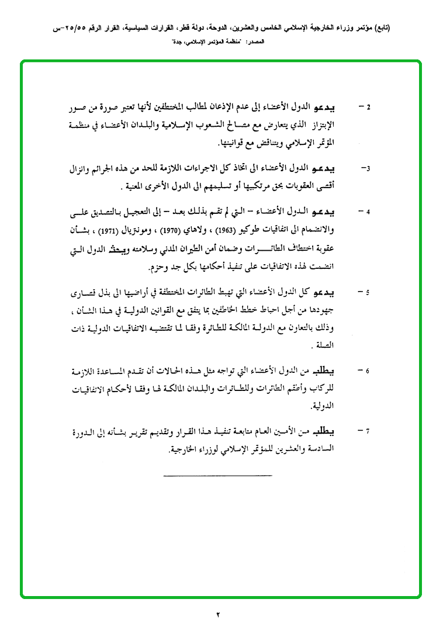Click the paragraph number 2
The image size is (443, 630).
368,108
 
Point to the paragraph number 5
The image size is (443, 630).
368,292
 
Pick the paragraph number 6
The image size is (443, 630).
368,371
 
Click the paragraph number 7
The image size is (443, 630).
368,432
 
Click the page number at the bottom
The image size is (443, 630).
219,614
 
